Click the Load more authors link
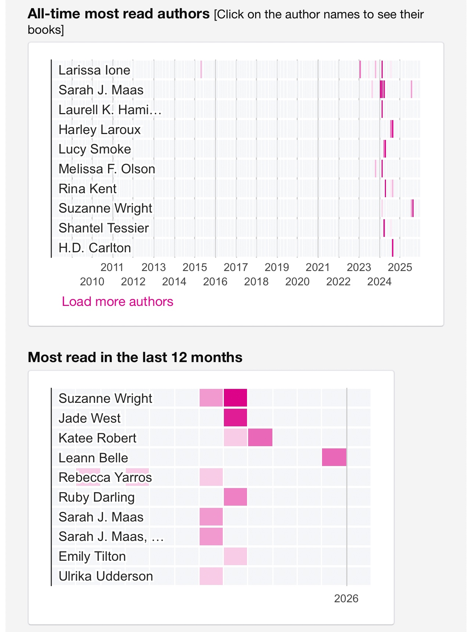pos(117,301)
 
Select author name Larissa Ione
pos(94,70)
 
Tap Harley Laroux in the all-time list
pos(99,130)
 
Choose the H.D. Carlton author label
pos(94,248)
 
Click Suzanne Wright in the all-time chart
pos(105,208)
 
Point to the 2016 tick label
pos(215,282)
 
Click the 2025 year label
pos(400,267)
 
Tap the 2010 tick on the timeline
pos(92,282)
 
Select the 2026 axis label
pos(346,599)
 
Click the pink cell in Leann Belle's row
pos(334,457)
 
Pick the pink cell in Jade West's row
pos(235,418)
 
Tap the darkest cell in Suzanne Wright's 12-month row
pos(235,398)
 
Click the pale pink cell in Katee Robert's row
pos(235,438)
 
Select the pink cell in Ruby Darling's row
pos(235,497)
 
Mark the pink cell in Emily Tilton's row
pos(235,556)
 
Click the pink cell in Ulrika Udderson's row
pos(211,576)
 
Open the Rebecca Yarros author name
pos(105,477)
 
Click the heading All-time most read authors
pos(118,14)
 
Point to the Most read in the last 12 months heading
pos(135,357)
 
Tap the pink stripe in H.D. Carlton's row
pos(393,248)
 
